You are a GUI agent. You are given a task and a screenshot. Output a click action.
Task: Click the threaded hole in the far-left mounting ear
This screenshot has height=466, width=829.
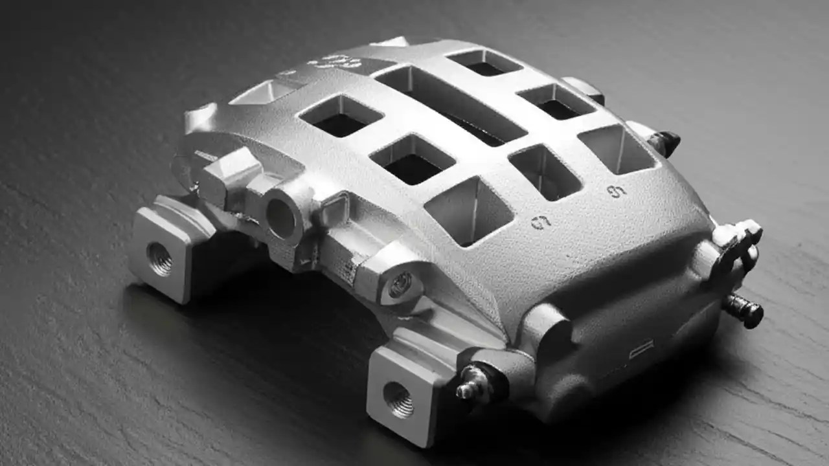[x=160, y=259]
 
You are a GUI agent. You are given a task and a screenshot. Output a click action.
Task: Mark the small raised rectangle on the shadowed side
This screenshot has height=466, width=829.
[x=641, y=350]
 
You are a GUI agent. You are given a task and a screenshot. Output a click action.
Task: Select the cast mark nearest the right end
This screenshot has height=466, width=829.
[x=617, y=191]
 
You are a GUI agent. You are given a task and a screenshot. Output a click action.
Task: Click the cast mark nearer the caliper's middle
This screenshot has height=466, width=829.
[x=541, y=222]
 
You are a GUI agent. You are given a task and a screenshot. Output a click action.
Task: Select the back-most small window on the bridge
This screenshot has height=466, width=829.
[x=485, y=62]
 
